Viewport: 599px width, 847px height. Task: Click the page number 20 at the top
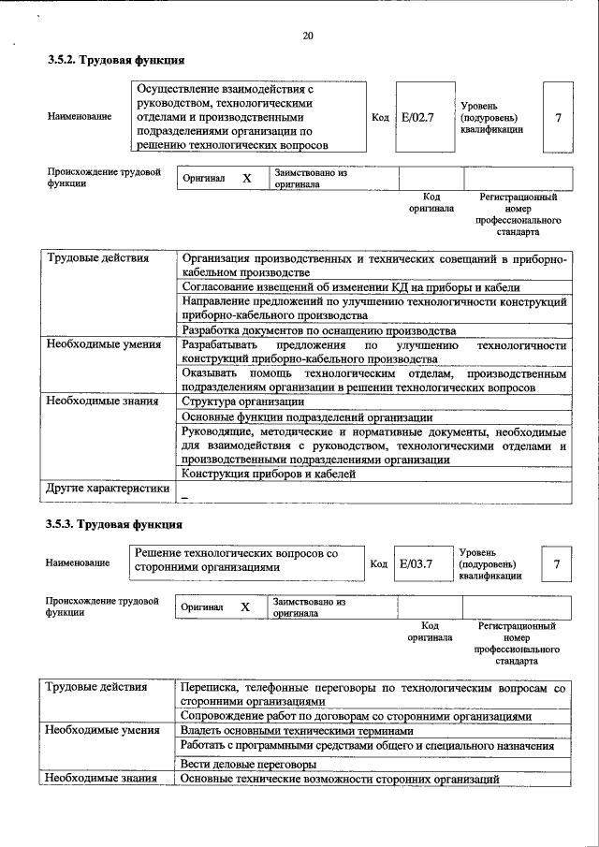click(x=308, y=37)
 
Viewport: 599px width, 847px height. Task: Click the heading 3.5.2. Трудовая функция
click(x=115, y=61)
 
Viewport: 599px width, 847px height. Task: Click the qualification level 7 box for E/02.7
click(x=558, y=119)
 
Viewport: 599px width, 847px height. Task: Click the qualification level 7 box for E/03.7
click(x=557, y=564)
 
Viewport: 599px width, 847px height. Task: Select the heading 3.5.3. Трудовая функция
click(x=115, y=524)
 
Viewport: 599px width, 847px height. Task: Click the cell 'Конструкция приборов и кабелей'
click(x=269, y=475)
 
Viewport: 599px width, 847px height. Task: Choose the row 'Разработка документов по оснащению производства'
click(x=318, y=330)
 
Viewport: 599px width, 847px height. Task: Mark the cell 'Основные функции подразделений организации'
click(x=306, y=416)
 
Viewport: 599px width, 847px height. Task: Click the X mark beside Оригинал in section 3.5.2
click(x=246, y=178)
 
